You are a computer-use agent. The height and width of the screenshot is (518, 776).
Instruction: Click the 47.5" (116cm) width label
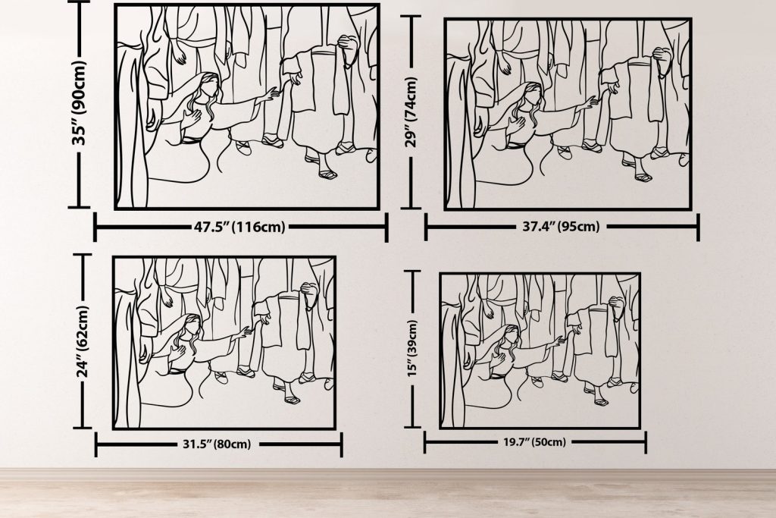pos(239,228)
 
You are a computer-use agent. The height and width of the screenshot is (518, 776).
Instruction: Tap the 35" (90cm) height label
pos(79,103)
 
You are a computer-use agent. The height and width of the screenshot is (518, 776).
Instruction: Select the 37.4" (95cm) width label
pos(562,227)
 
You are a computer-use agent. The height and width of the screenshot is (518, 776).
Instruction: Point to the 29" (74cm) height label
pos(411,112)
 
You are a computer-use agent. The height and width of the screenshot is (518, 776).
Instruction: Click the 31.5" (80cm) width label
pos(217,444)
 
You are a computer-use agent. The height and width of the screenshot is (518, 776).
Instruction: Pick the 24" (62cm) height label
pos(83,342)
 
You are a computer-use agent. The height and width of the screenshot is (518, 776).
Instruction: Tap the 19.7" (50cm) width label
pos(534,441)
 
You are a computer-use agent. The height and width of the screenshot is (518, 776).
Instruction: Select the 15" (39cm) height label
pos(412,348)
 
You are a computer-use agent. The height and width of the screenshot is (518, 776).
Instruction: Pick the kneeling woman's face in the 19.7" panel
pos(512,337)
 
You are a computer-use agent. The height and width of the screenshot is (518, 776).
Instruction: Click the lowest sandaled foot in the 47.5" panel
pos(327,174)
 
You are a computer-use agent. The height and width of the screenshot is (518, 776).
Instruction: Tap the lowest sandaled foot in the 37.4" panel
pos(643,177)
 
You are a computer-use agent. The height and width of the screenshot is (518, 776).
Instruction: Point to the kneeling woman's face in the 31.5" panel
pos(193,327)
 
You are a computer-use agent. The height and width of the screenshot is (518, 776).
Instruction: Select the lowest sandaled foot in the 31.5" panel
pos(292,399)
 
